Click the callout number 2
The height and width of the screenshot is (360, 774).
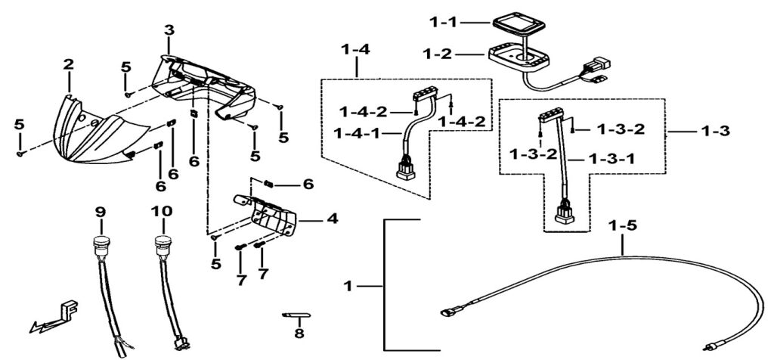click(x=68, y=64)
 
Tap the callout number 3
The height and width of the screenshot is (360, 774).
click(x=169, y=30)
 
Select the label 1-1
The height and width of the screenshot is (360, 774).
click(x=445, y=22)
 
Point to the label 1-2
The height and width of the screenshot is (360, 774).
click(x=438, y=54)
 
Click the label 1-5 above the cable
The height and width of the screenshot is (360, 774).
click(x=623, y=225)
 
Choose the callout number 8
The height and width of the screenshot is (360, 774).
click(x=299, y=334)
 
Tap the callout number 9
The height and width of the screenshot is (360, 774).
click(x=101, y=213)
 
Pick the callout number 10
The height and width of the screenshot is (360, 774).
click(x=163, y=212)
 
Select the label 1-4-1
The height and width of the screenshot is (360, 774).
click(x=357, y=133)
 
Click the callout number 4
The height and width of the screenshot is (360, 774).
click(x=333, y=219)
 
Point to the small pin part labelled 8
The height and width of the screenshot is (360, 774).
click(x=296, y=315)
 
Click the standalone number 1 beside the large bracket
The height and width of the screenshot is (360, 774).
click(x=348, y=286)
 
